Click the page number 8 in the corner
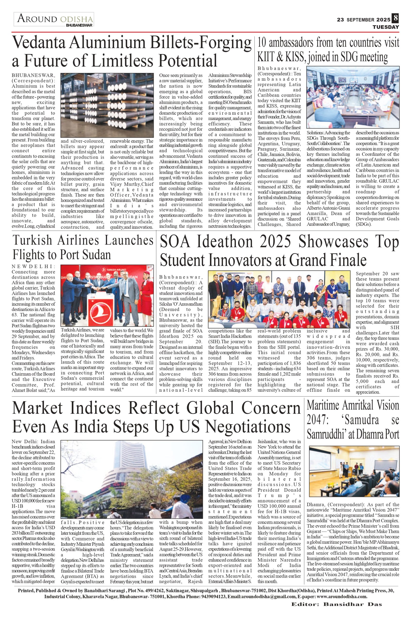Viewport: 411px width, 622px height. tap(395, 19)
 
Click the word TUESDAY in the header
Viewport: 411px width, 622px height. tap(386, 27)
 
